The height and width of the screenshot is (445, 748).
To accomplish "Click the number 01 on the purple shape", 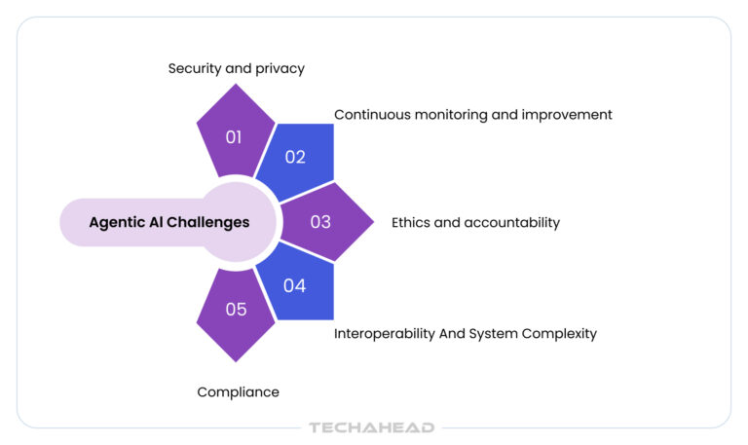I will click(x=234, y=137).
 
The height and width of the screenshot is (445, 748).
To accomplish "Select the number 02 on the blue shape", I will click(x=295, y=157).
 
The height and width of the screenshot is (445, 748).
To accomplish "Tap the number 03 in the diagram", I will click(x=320, y=221).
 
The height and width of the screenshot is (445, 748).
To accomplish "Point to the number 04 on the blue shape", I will click(x=295, y=285).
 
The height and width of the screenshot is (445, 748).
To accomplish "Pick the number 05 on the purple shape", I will click(x=237, y=310).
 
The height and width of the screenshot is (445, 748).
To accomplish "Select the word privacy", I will click(x=280, y=68).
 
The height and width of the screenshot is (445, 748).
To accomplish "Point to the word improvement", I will click(x=569, y=114).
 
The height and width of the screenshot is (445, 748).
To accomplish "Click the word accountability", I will click(x=512, y=222).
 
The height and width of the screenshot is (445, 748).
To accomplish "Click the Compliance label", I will click(x=238, y=391).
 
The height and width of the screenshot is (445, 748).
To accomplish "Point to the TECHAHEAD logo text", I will click(x=371, y=427).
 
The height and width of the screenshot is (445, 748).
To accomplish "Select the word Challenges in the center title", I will click(x=207, y=222).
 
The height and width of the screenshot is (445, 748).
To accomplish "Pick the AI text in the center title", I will click(x=154, y=222).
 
